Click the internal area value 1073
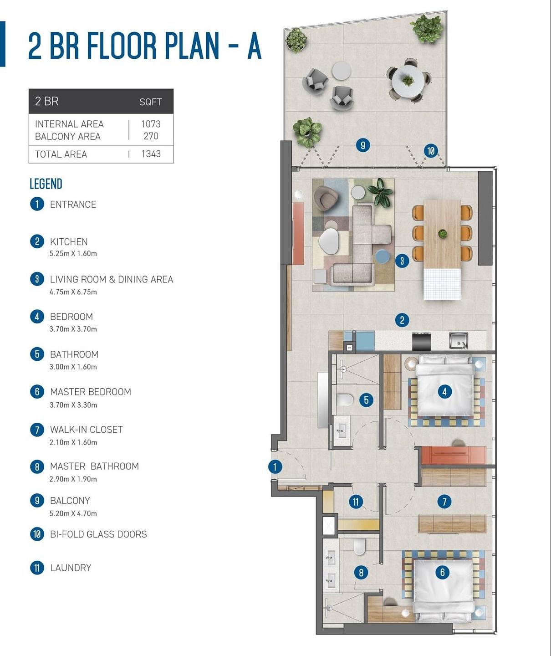pos(151,124)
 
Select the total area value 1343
pos(151,154)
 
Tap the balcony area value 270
pos(151,136)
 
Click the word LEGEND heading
pos(46,184)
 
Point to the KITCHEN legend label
pos(69,242)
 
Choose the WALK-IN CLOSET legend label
pos(87,430)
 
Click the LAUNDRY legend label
pos(71,568)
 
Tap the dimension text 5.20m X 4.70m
pos(73,513)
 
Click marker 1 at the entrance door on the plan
pos(275,467)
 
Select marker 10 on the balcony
pos(431,151)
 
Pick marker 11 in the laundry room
pos(356,502)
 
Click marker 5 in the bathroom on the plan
pos(366,400)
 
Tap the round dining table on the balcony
pos(408,82)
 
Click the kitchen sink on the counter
pos(458,341)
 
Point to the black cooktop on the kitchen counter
pos(421,342)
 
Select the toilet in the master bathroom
pos(360,547)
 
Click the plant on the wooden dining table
pos(442,233)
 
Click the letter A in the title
pos(254,46)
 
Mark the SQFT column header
pos(151,102)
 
